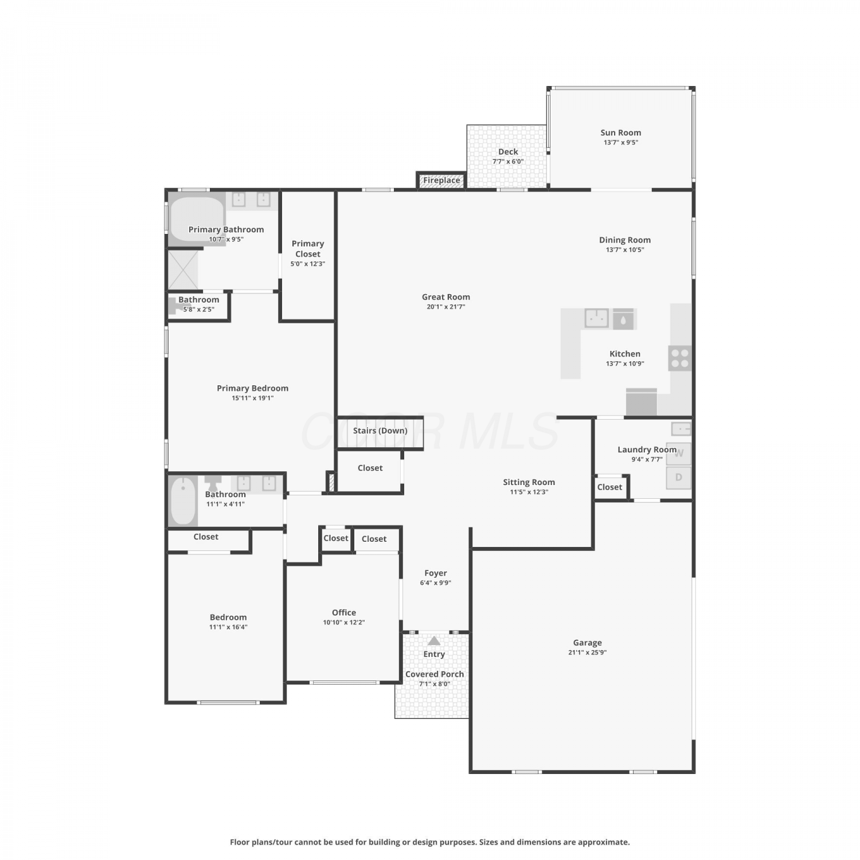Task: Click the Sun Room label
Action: point(620,132)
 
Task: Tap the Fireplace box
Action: point(441,180)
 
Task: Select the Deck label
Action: point(508,151)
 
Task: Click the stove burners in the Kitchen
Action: point(680,358)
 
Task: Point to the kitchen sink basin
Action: point(597,318)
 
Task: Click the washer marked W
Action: point(679,454)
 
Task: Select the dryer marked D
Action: point(679,478)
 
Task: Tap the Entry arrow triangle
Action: point(434,640)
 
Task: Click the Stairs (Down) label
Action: point(380,431)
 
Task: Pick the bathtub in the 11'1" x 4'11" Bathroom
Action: point(183,501)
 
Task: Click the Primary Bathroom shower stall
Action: point(183,269)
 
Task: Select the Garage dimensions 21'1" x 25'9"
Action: point(587,652)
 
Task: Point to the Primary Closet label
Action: point(308,249)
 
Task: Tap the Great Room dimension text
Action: point(445,307)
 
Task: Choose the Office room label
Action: point(344,612)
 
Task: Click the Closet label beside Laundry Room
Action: point(609,487)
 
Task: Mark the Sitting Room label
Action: point(529,482)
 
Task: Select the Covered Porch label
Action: point(435,674)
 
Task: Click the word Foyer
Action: point(436,573)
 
